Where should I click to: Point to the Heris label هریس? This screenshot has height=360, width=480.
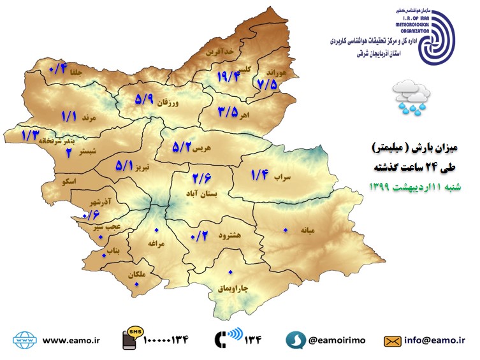click(x=201, y=148)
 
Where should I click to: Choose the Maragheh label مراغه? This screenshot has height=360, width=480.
click(x=157, y=243)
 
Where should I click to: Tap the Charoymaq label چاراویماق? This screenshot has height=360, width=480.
click(x=233, y=289)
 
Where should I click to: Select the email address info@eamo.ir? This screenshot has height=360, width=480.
click(x=440, y=340)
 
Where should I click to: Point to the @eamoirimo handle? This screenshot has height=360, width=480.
click(x=337, y=340)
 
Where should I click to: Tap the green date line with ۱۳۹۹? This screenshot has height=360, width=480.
click(x=418, y=187)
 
